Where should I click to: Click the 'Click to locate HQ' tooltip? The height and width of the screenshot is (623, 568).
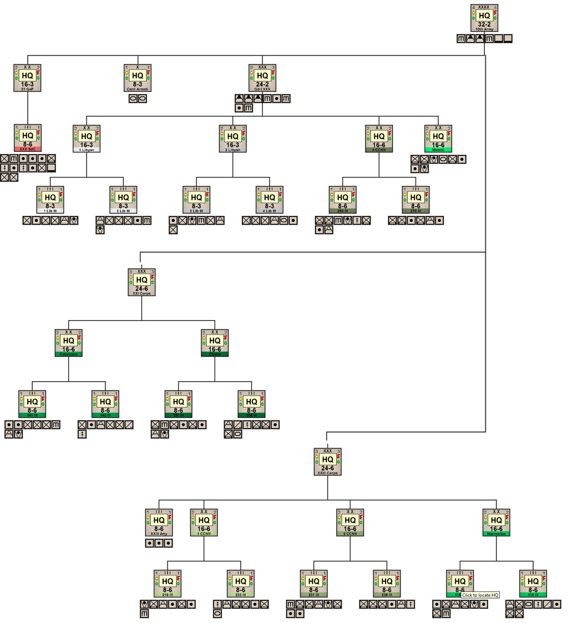[480, 595]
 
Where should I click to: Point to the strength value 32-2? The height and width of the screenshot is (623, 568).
[484, 25]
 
